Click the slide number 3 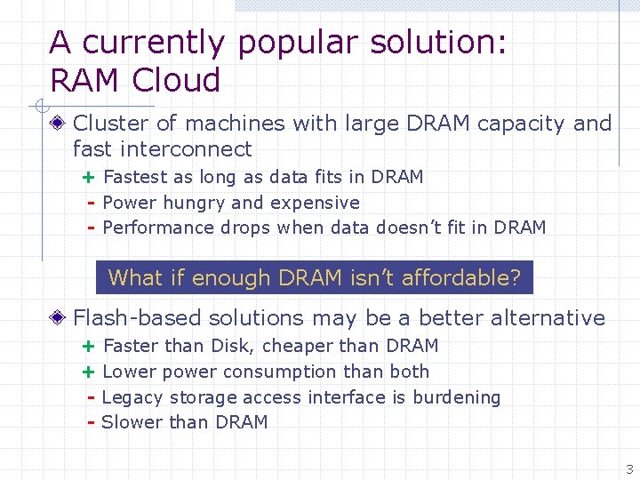(x=629, y=469)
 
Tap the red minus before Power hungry (x=91, y=203)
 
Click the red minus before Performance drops (x=91, y=228)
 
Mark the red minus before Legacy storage (x=91, y=397)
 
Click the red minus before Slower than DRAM (x=91, y=422)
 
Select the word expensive (x=315, y=203)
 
